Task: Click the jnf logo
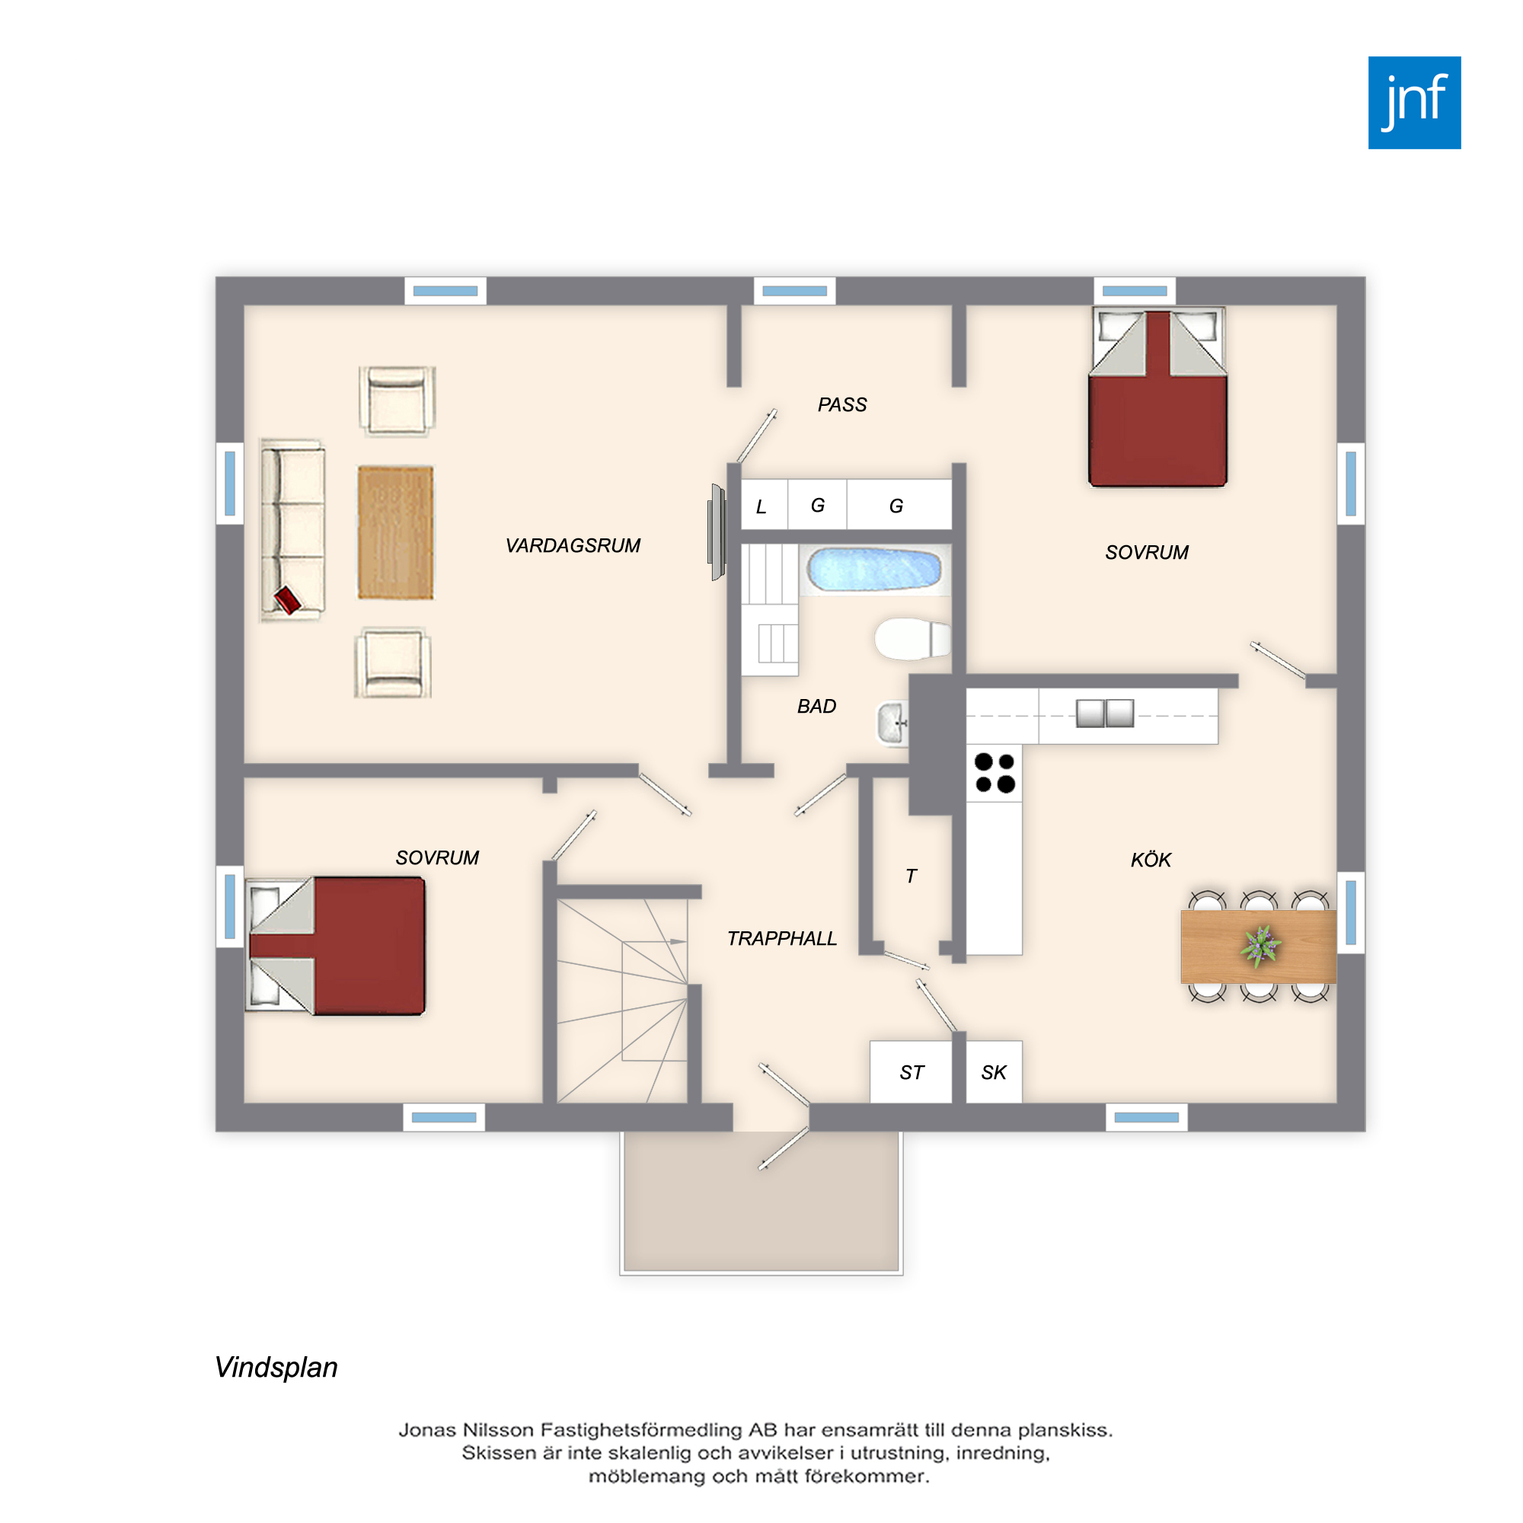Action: pos(1414,103)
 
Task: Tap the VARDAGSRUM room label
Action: pos(573,545)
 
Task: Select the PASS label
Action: pos(842,405)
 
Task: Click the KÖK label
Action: pos(1150,859)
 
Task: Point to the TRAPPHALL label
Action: pos(781,938)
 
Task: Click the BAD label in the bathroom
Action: pos(816,707)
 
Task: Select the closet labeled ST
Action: pos(912,1072)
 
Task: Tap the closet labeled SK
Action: pos(994,1072)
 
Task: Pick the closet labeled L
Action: pos(764,505)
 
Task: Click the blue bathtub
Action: pos(874,569)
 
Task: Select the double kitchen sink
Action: pos(1104,714)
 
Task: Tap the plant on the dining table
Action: pos(1260,945)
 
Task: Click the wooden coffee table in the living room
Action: pos(396,532)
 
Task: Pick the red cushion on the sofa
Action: pos(288,600)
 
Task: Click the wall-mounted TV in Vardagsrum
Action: pos(717,532)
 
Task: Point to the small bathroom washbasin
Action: pos(892,723)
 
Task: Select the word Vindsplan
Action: pos(276,1368)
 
